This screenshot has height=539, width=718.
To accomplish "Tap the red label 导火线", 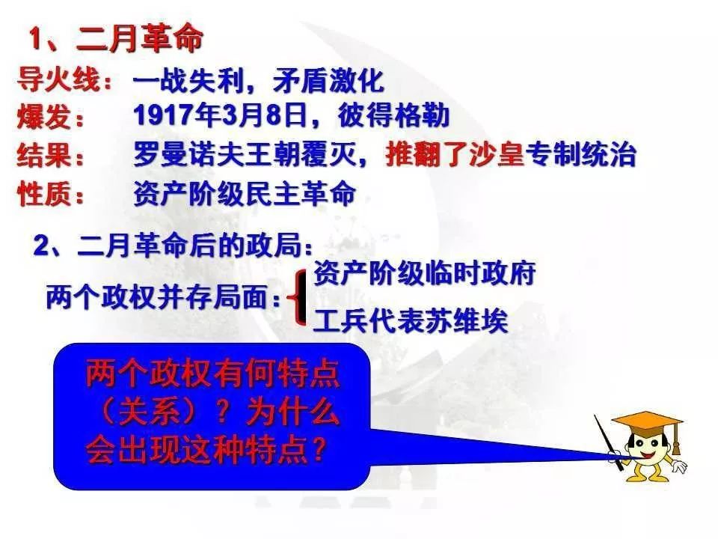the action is [x=58, y=80].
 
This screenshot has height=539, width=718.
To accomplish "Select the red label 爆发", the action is [x=44, y=116].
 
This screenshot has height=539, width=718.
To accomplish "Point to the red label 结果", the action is [x=44, y=154].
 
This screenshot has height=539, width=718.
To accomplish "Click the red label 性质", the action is [x=44, y=193].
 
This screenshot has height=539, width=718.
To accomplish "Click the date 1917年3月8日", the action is [x=220, y=115].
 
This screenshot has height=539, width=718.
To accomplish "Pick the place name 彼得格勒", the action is [x=394, y=115].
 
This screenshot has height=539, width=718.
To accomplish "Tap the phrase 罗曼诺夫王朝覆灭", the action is [x=245, y=154].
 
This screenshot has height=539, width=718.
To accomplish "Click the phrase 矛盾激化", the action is [x=328, y=81].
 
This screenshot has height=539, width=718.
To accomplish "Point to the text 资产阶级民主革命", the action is [x=245, y=193].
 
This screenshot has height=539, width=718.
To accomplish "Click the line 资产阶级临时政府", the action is [x=425, y=274].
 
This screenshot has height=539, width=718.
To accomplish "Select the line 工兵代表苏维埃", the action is [x=411, y=320].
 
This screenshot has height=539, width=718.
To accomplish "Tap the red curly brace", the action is [x=298, y=297].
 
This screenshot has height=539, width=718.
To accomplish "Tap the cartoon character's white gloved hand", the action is [x=678, y=466].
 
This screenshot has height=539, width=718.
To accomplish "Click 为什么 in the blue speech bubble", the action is [x=293, y=411].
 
